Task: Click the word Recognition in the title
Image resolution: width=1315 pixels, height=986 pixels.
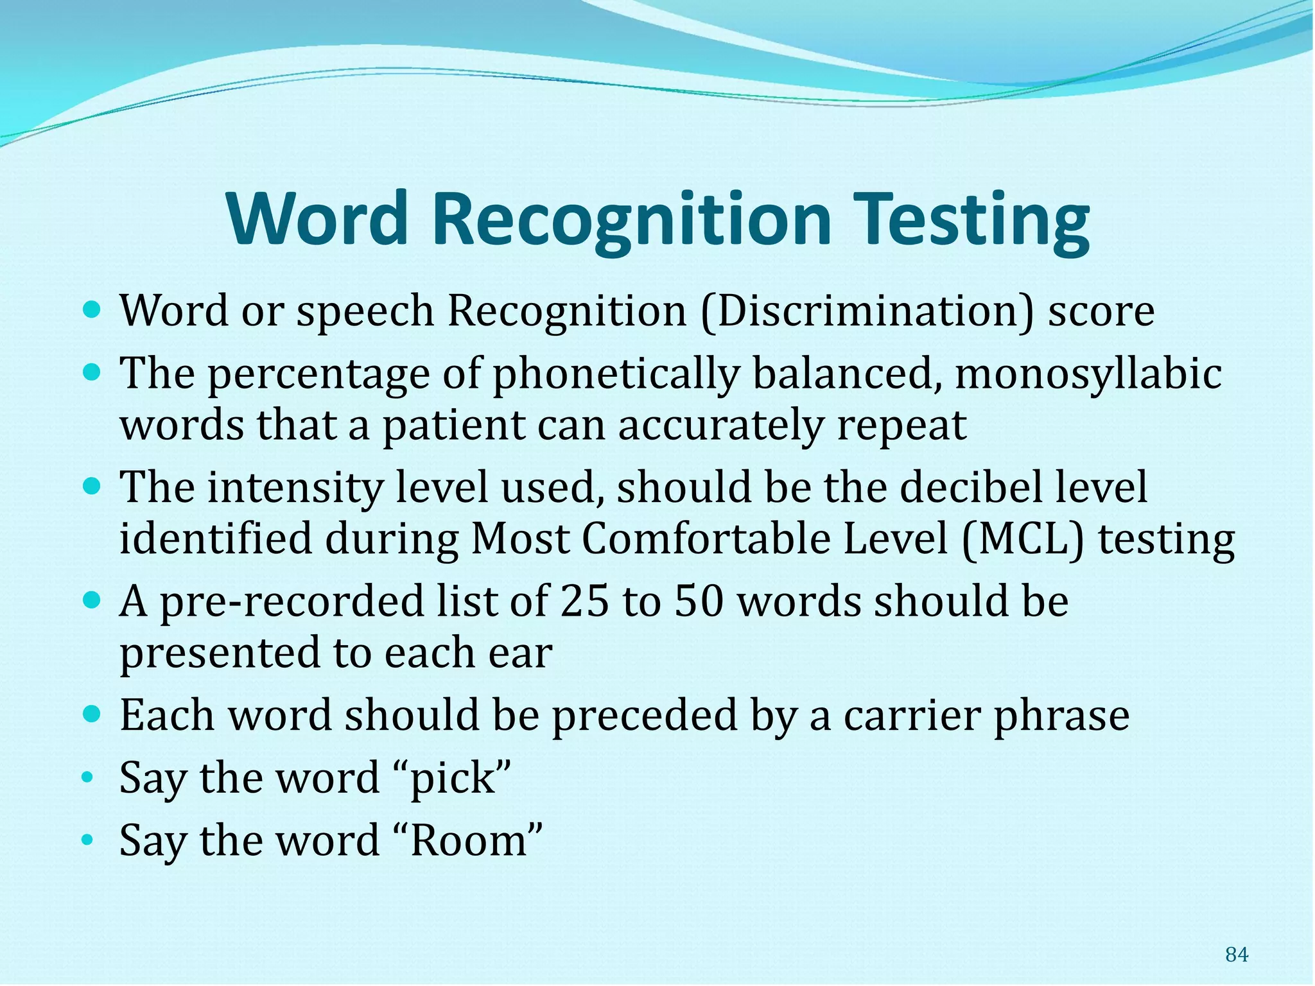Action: point(632,220)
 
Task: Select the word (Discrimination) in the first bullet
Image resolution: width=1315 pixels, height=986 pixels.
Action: point(867,311)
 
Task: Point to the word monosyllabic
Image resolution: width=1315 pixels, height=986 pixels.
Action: point(1088,374)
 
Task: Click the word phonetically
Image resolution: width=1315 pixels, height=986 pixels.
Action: point(616,374)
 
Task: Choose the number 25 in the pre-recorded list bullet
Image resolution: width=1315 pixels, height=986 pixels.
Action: point(584,601)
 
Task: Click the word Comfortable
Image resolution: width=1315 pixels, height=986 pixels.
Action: point(706,539)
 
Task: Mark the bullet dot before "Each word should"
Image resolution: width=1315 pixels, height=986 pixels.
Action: point(93,713)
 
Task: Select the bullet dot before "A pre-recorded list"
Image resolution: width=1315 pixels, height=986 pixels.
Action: point(93,600)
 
